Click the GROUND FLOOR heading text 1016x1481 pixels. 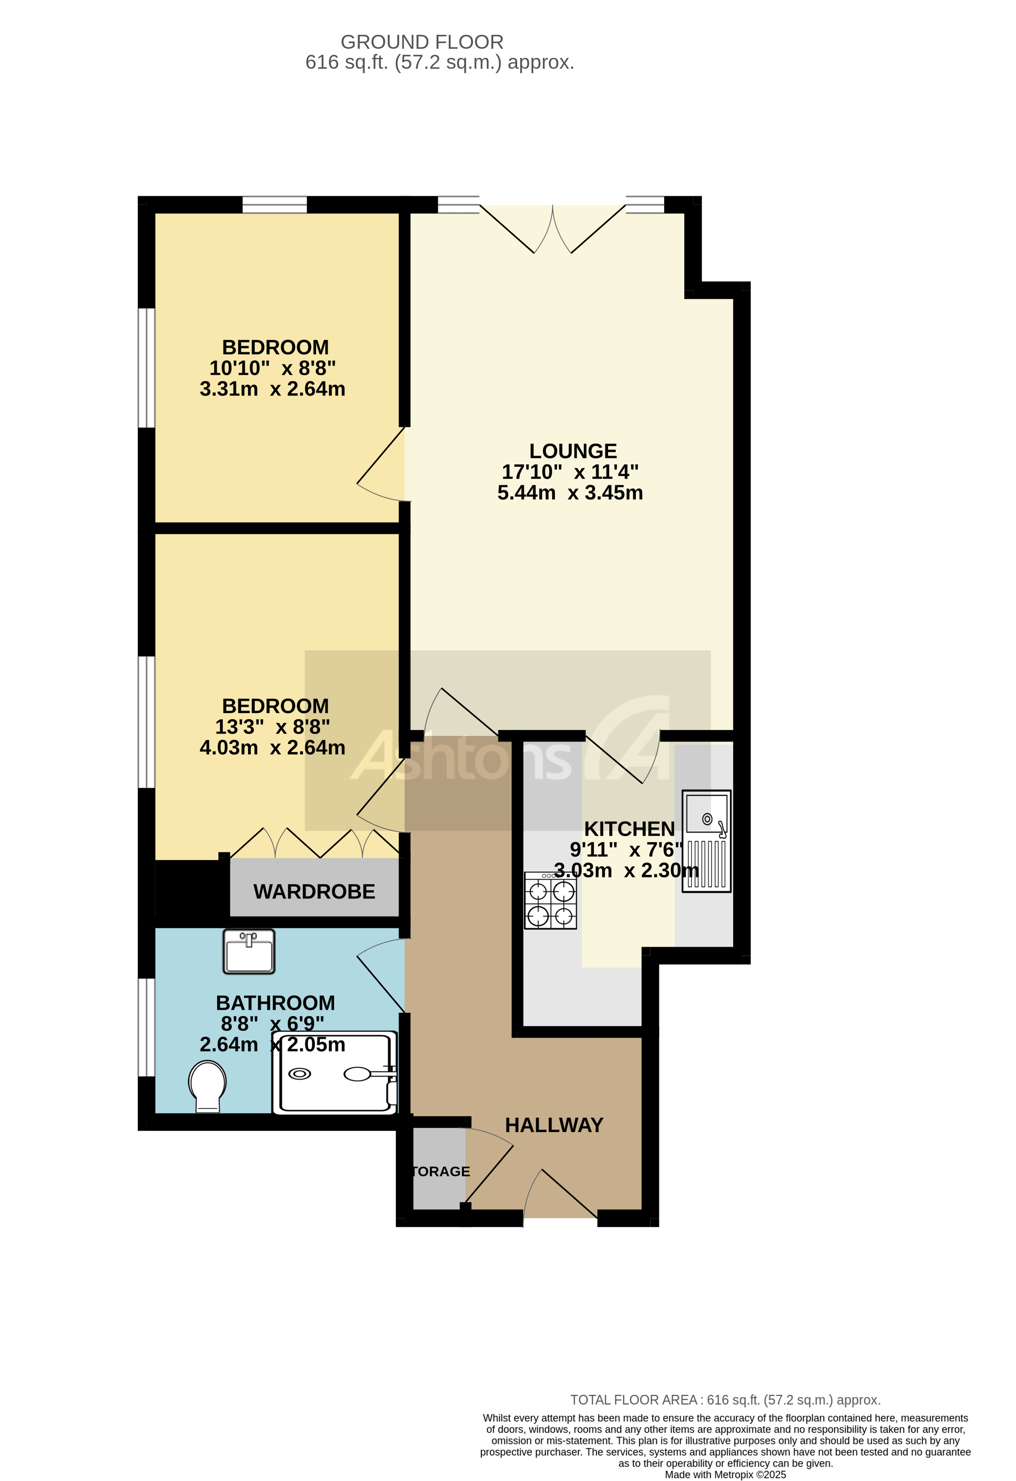pos(422,42)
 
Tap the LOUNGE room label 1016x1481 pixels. pos(573,451)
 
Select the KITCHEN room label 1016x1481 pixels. pos(629,829)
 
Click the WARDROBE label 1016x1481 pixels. pos(314,891)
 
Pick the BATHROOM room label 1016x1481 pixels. pos(275,1003)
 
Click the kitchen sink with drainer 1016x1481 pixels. pos(706,841)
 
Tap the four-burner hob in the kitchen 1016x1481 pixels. pos(550,901)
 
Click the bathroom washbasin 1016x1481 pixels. pos(248,952)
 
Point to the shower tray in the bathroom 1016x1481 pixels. pos(335,1074)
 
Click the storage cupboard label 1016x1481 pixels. pos(440,1171)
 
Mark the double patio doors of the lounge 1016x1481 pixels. pos(552,229)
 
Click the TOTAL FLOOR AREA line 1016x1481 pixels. pos(725,1400)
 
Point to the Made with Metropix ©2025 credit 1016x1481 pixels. pos(725,1474)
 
